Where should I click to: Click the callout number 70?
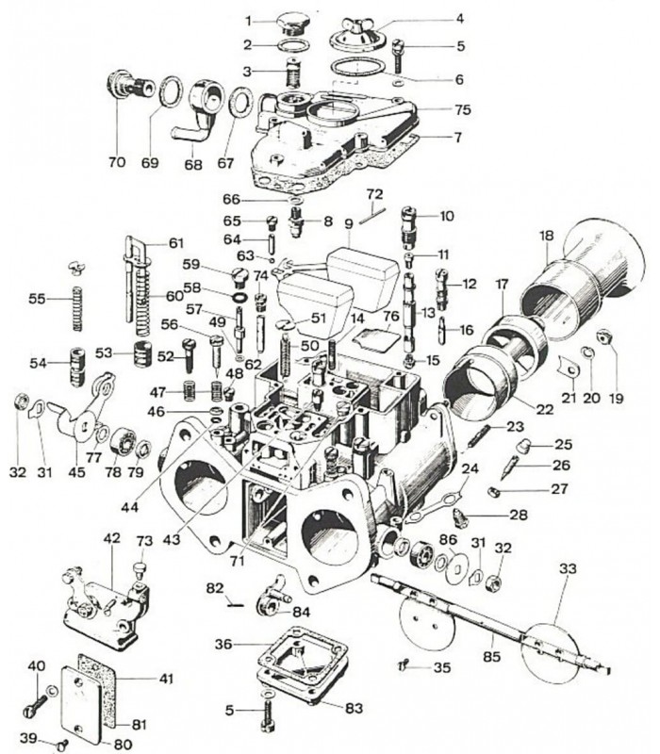(x=116, y=162)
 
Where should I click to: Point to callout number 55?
(x=37, y=299)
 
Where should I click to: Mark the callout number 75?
(x=462, y=109)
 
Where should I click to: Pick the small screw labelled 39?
(x=63, y=743)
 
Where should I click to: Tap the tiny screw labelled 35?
(x=403, y=665)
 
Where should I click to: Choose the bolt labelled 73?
(x=141, y=569)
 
